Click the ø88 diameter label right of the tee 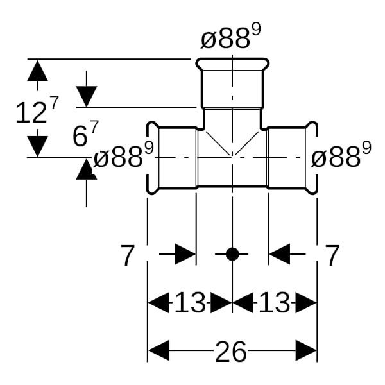[x=336, y=157]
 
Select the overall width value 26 [x=231, y=352]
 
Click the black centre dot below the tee [x=232, y=254]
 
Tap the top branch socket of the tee [x=232, y=83]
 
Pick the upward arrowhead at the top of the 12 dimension [x=38, y=70]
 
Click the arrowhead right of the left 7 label [x=185, y=254]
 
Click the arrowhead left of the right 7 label [x=279, y=254]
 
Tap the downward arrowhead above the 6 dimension [x=87, y=97]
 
